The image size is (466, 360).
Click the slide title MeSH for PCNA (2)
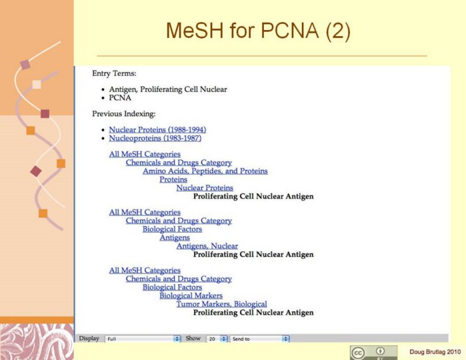tap(257, 31)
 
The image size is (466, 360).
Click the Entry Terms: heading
tap(114, 73)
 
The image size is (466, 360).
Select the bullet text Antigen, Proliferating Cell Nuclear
tap(168, 89)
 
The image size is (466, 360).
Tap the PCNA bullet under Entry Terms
tap(120, 97)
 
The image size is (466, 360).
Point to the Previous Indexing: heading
tap(123, 114)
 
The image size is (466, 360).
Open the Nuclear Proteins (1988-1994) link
tap(157, 129)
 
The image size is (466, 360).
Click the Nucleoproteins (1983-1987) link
tap(155, 138)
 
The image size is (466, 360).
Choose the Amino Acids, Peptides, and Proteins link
tap(205, 171)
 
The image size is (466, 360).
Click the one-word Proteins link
tap(173, 179)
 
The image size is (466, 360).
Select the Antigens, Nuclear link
tap(207, 246)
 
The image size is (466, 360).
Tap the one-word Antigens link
tap(175, 237)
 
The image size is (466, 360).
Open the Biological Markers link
tap(191, 295)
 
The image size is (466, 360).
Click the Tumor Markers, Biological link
tap(221, 304)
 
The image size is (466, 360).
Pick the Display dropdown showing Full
tap(143, 339)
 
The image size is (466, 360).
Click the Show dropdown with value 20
tap(217, 339)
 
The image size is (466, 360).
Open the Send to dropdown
tap(259, 339)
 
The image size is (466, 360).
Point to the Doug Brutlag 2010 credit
tap(435, 351)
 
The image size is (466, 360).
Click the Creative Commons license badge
tap(373, 352)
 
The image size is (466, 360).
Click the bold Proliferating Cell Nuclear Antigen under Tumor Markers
tap(253, 313)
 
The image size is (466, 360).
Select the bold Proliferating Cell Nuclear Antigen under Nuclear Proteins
tap(253, 197)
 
